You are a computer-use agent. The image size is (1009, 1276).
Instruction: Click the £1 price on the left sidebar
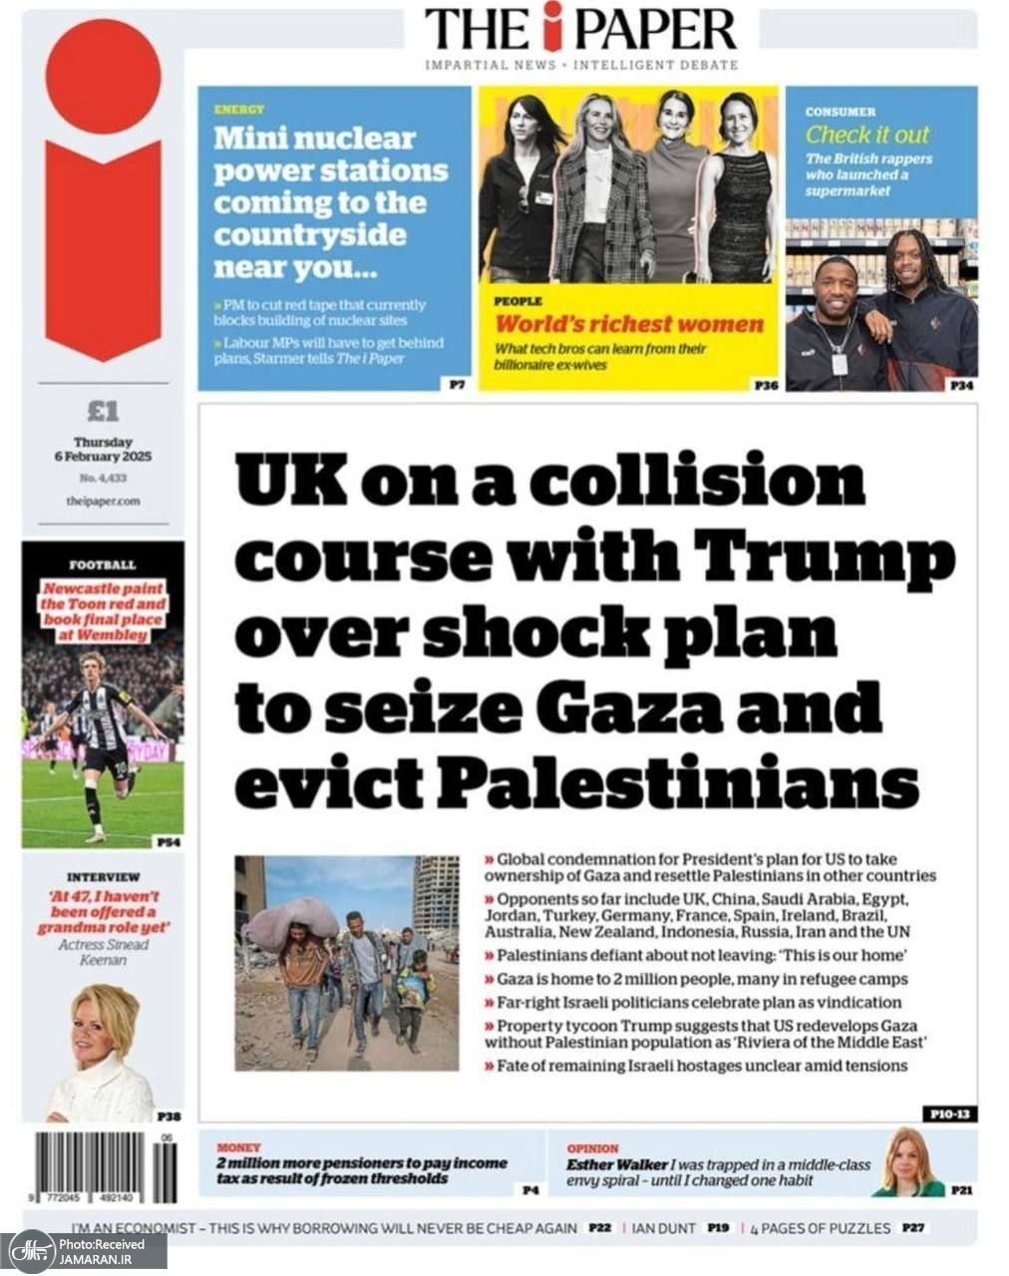pyautogui.click(x=103, y=411)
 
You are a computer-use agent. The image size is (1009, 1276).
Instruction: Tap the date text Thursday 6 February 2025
pyautogui.click(x=103, y=449)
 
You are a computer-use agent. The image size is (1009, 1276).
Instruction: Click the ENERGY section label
pyautogui.click(x=238, y=110)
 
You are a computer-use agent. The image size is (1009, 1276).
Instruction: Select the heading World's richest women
pyautogui.click(x=628, y=324)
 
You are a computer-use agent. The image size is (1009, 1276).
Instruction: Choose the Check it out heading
pyautogui.click(x=866, y=135)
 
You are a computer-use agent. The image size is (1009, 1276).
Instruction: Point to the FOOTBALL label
pyautogui.click(x=103, y=565)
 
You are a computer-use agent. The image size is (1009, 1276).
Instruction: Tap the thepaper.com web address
pyautogui.click(x=103, y=501)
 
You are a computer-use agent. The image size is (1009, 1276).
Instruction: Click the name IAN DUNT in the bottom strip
pyautogui.click(x=663, y=1228)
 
